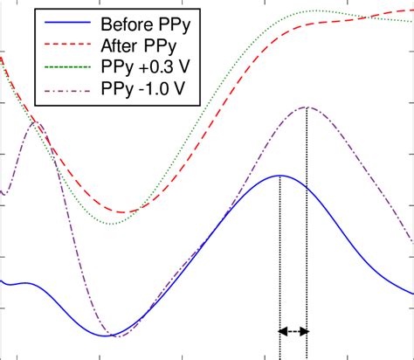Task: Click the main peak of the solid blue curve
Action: click(279, 176)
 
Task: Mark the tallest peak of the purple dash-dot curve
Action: click(307, 107)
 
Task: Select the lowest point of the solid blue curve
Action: click(108, 336)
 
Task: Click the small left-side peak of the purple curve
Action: click(35, 122)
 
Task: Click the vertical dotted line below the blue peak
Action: click(279, 262)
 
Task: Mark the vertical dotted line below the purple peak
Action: click(307, 227)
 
